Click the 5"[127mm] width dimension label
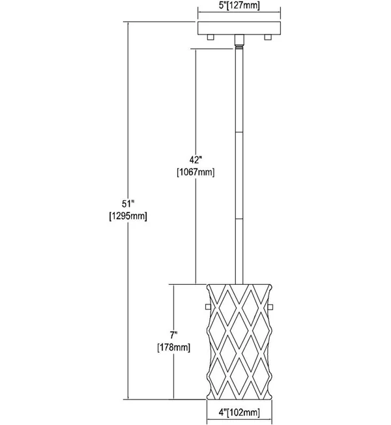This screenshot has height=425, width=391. tap(239, 5)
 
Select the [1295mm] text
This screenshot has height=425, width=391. tap(128, 216)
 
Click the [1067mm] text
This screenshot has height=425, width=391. tap(195, 172)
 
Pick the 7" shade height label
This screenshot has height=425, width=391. tap(174, 335)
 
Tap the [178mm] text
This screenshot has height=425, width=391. tap(174, 347)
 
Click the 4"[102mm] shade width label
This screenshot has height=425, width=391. tap(239, 413)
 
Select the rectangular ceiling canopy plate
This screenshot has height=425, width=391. tap(239, 28)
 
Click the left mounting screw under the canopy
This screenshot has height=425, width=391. tap(210, 37)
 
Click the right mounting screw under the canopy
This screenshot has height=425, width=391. tap(267, 37)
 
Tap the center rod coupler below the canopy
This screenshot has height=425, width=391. tap(239, 40)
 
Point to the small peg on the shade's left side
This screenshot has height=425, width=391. tap(208, 306)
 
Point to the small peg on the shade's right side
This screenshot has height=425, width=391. tap(270, 306)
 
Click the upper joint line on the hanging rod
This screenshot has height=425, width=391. tap(239, 132)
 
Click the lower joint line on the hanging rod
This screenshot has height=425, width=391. tap(239, 219)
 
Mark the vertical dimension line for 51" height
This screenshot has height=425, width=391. tap(128, 211)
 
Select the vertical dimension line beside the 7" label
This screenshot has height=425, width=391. tap(174, 342)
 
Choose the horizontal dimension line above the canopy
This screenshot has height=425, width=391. tap(239, 12)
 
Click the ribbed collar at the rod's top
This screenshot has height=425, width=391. tap(239, 47)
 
